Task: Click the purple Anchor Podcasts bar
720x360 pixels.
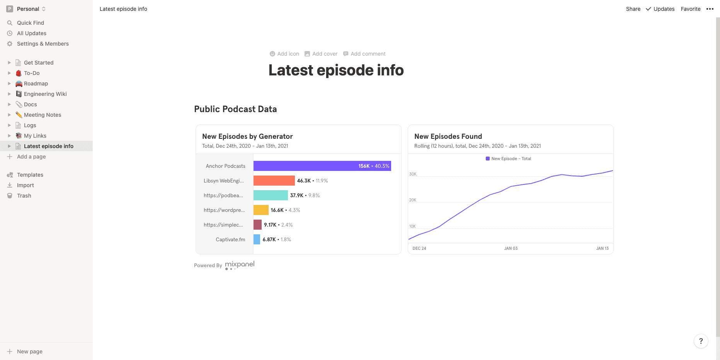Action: click(322, 166)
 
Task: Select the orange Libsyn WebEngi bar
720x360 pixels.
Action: click(274, 181)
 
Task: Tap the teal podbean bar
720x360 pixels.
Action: click(271, 195)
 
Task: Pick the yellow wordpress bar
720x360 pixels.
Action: click(261, 210)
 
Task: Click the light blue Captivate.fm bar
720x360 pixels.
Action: click(257, 239)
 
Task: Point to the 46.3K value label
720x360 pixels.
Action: click(304, 181)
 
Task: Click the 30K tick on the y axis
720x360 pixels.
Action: click(413, 174)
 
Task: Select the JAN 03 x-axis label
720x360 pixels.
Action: click(511, 248)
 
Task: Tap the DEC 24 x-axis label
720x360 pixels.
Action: click(419, 248)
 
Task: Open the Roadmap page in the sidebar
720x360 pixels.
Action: click(36, 84)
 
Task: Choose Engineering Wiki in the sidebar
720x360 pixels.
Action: click(45, 94)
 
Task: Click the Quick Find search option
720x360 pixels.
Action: click(30, 23)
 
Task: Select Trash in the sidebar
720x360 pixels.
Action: click(24, 196)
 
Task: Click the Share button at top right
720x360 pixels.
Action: click(633, 9)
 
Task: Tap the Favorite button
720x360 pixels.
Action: click(690, 9)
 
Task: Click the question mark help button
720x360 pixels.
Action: click(701, 341)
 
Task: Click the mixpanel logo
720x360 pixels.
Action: click(240, 264)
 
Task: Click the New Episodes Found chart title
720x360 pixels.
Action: click(448, 136)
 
